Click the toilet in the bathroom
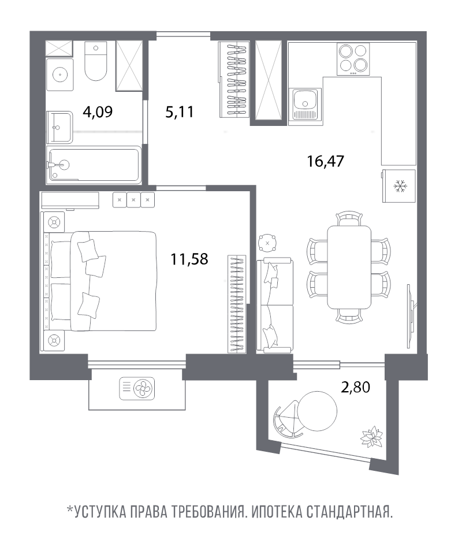click(96, 62)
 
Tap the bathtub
click(94, 165)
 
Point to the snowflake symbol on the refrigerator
click(399, 185)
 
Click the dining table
click(349, 267)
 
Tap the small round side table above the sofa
click(268, 243)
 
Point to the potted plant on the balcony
click(369, 436)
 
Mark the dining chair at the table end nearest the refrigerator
click(349, 218)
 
